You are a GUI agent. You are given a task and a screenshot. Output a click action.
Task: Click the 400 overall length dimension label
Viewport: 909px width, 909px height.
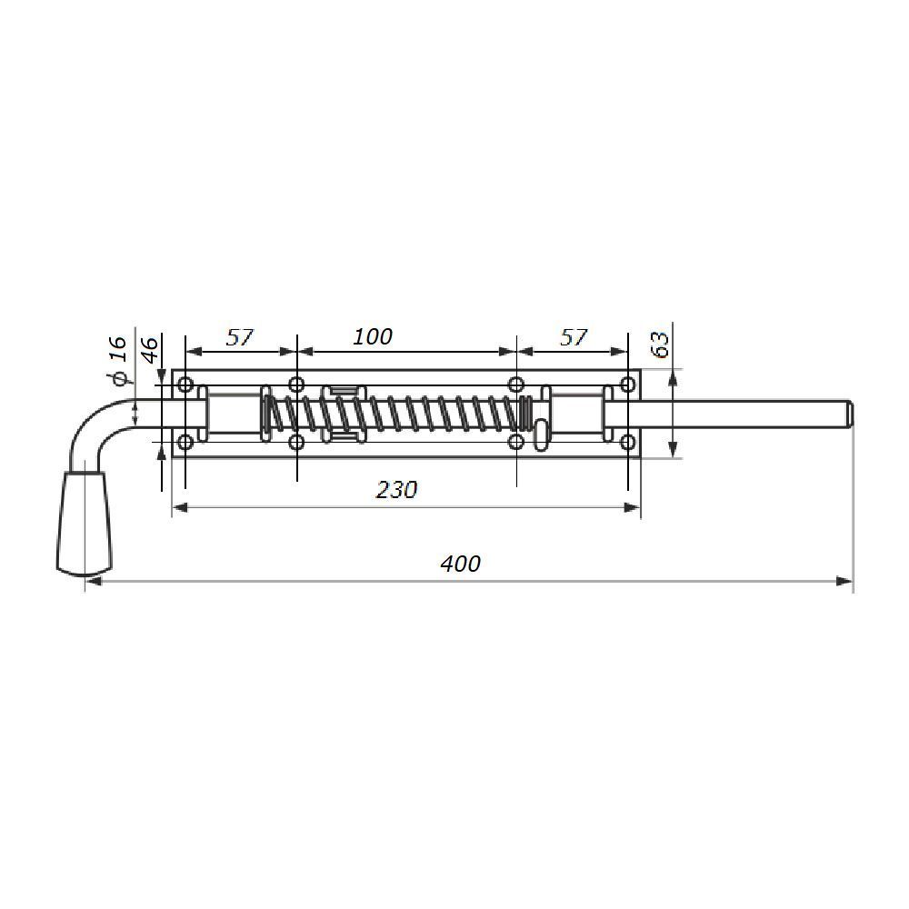point(460,564)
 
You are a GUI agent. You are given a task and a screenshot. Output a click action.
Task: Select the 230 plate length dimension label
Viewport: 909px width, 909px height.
point(396,490)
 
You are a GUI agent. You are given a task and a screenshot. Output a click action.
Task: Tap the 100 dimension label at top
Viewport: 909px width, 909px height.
point(372,337)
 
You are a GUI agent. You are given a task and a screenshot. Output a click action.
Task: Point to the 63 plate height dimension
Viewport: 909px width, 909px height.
point(660,344)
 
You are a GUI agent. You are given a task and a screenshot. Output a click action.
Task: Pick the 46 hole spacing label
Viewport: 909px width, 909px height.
point(150,350)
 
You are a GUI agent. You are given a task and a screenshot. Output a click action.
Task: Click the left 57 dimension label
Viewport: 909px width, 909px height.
point(240,337)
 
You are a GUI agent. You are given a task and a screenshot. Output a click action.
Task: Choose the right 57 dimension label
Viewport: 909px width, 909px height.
point(574,337)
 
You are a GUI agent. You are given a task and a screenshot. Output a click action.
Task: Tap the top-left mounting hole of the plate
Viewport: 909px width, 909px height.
point(185,385)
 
